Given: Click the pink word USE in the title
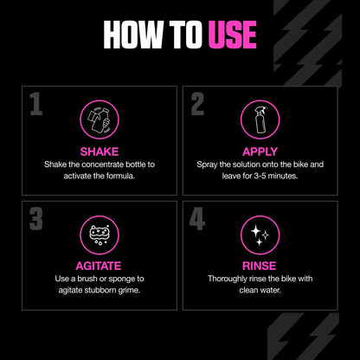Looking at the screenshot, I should [231, 35].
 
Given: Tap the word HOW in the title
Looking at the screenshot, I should [132, 35].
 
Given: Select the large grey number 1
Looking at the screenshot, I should [36, 106].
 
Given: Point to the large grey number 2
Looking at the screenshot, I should [198, 106].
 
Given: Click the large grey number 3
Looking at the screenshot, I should [36, 218].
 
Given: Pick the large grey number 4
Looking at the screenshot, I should [198, 218].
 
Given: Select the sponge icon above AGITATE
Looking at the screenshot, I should [100, 234].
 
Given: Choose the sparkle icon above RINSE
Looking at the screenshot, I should [260, 234].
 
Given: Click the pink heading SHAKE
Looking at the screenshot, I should [100, 151].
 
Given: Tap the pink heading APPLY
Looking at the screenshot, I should [260, 151].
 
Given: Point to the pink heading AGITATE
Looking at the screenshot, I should [100, 265].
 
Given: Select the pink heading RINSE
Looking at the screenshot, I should [260, 265].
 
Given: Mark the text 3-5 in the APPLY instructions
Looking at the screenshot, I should [262, 176].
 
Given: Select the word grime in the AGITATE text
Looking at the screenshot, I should [126, 290].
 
